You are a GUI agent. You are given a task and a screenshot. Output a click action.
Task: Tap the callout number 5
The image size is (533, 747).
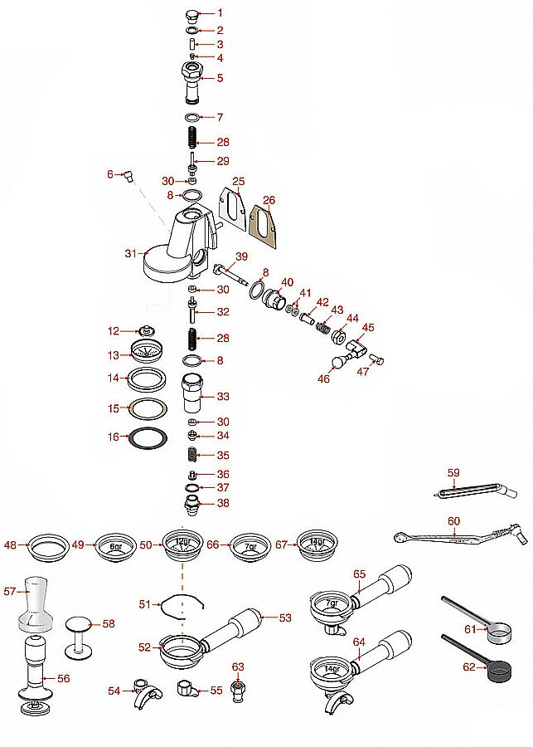[220, 78]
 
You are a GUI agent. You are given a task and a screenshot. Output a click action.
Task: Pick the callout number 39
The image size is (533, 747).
[241, 256]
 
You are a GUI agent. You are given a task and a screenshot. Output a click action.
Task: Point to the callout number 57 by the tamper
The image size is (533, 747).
[10, 592]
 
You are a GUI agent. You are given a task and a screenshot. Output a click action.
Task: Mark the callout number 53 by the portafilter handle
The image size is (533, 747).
[285, 618]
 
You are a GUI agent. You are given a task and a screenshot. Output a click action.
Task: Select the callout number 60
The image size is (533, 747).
[453, 520]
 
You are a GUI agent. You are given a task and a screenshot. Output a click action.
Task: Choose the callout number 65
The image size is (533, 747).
[359, 574]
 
